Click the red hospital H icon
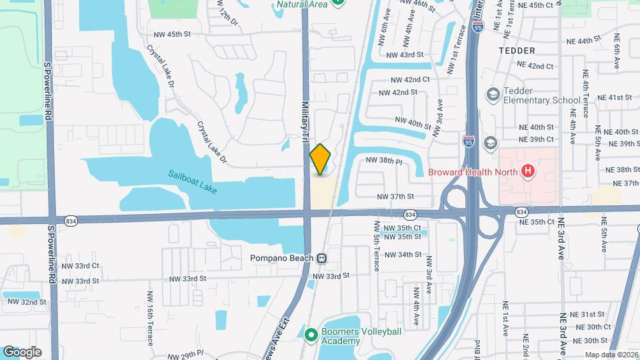(528, 172)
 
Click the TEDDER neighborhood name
(517, 51)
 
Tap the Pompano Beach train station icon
(322, 258)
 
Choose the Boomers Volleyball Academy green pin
(310, 335)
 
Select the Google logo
(22, 351)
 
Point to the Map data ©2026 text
(612, 355)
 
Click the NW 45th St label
(173, 34)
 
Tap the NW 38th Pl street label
(383, 161)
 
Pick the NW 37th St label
(395, 197)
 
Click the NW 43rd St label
(405, 55)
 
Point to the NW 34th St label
(403, 254)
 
